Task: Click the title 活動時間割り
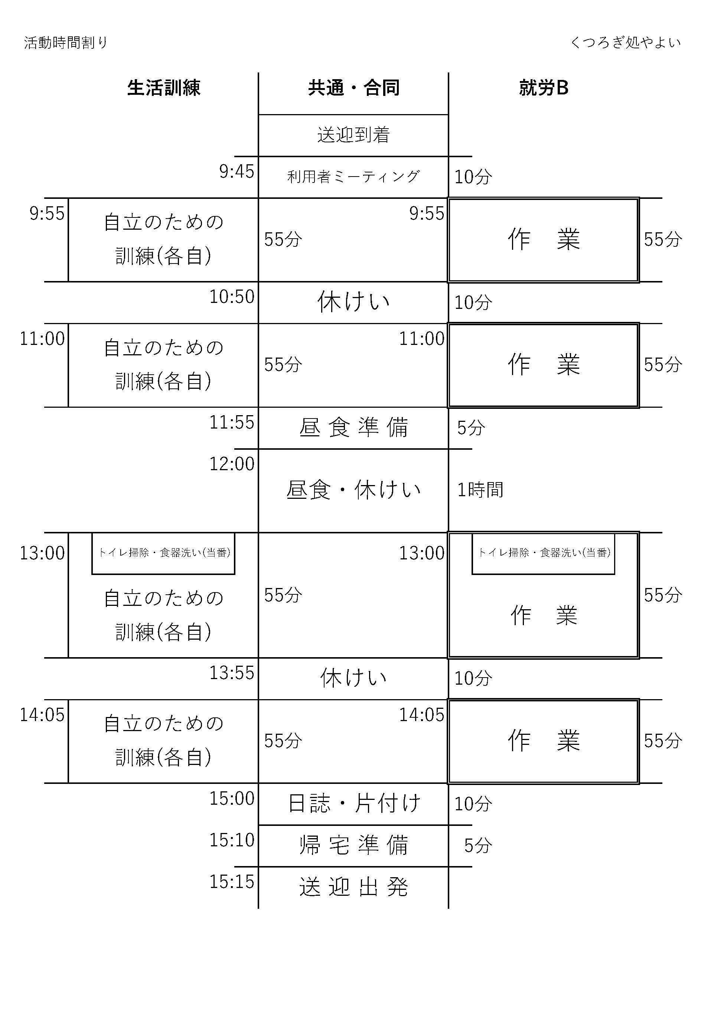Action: (x=66, y=43)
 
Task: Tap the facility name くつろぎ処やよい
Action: (x=625, y=43)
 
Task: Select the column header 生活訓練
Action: (x=164, y=88)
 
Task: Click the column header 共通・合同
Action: (x=354, y=88)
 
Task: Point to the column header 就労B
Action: (x=544, y=88)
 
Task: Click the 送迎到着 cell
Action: (x=354, y=135)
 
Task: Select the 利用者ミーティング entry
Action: (x=354, y=177)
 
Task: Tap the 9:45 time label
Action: (x=237, y=171)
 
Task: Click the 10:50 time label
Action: (x=232, y=297)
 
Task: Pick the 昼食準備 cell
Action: (x=354, y=427)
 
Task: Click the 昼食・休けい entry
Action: (x=354, y=490)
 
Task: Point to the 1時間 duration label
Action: (x=480, y=490)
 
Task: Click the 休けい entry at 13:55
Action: (x=354, y=678)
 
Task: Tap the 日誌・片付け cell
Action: (x=354, y=803)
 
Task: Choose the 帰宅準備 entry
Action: (x=354, y=845)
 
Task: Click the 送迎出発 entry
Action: (x=354, y=887)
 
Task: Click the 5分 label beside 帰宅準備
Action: (x=478, y=845)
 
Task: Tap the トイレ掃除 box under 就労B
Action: (x=544, y=553)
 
